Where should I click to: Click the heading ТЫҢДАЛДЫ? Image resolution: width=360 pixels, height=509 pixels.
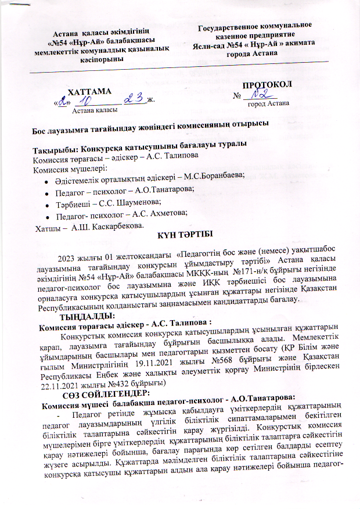click(x=90, y=316)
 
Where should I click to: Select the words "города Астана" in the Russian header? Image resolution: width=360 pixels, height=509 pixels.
click(x=256, y=53)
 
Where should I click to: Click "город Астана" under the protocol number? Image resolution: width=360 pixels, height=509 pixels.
click(x=267, y=104)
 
